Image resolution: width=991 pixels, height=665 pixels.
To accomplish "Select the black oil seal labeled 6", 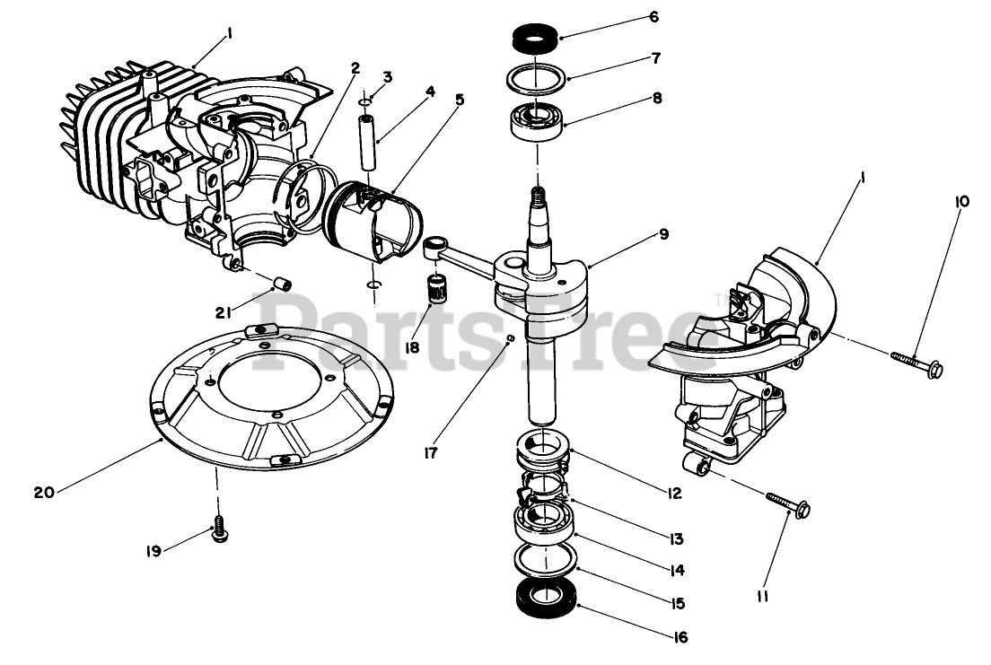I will tap(535, 39).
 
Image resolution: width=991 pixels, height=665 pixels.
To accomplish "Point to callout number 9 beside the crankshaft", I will tap(663, 235).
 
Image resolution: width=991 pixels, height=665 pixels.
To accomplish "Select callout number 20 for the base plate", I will tap(44, 492).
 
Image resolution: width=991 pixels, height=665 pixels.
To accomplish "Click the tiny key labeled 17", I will tap(509, 338).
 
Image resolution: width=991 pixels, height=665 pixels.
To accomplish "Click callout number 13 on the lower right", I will tap(676, 539).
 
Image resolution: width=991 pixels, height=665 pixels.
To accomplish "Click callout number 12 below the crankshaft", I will tap(673, 493).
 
